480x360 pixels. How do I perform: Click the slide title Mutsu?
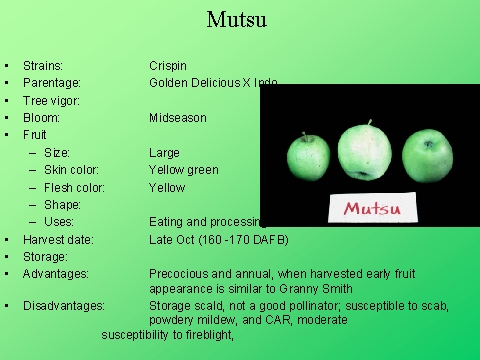236,19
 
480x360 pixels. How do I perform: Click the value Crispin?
168,66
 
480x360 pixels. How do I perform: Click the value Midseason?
178,118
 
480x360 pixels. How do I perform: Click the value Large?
165,153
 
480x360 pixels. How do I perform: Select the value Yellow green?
184,170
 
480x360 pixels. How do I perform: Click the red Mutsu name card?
373,208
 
